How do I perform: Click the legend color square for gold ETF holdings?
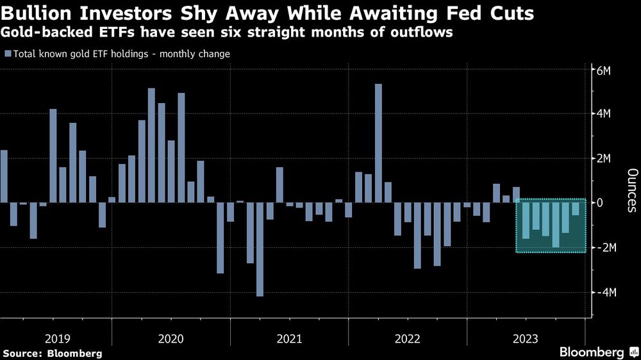[x=8, y=54]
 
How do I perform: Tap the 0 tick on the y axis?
[x=600, y=202]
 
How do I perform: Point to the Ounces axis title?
[x=631, y=190]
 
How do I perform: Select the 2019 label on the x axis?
[x=58, y=338]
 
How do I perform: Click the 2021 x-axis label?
[x=289, y=338]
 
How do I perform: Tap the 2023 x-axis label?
[x=526, y=338]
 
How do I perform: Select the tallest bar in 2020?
[x=152, y=145]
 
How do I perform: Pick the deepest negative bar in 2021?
[x=260, y=249]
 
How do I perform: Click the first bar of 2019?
[x=4, y=176]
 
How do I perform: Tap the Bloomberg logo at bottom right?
[x=592, y=352]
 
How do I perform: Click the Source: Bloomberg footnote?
[x=52, y=353]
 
